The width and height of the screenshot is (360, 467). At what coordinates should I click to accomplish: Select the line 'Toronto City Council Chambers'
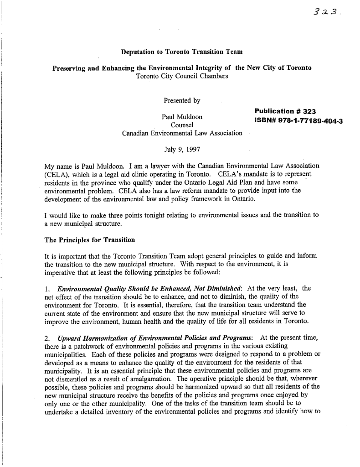click(182, 76)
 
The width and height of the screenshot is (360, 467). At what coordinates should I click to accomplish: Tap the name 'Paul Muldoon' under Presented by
click(182, 117)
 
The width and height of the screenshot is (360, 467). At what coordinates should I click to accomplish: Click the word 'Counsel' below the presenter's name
click(182, 125)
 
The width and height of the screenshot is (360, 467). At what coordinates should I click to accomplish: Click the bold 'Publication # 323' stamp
click(285, 111)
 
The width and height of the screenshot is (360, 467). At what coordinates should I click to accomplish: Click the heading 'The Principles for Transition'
click(89, 240)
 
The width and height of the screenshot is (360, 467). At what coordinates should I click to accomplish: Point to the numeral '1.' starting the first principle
click(46, 288)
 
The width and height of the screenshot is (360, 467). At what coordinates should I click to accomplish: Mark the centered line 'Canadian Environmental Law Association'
click(182, 133)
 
